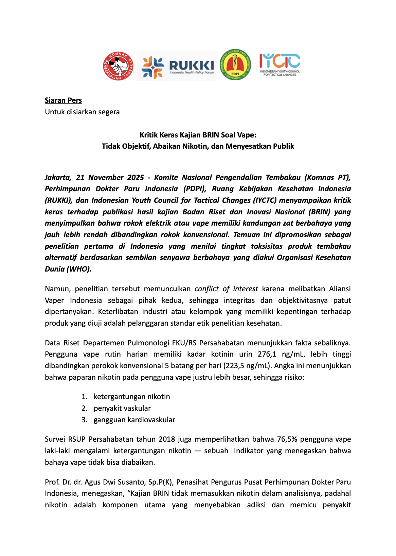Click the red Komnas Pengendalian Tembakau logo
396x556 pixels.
tap(118, 66)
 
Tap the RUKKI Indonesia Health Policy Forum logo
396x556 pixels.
tap(177, 66)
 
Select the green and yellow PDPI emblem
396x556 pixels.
tap(235, 65)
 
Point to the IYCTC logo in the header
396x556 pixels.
tap(280, 64)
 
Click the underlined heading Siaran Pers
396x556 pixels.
tap(63, 100)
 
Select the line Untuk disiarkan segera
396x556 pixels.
tap(82, 112)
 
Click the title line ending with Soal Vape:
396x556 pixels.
tap(198, 135)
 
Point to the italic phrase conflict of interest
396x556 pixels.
tap(226, 289)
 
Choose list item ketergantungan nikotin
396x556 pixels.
tap(132, 397)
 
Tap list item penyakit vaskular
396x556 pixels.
tap(122, 408)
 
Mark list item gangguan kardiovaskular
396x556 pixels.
tap(134, 420)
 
